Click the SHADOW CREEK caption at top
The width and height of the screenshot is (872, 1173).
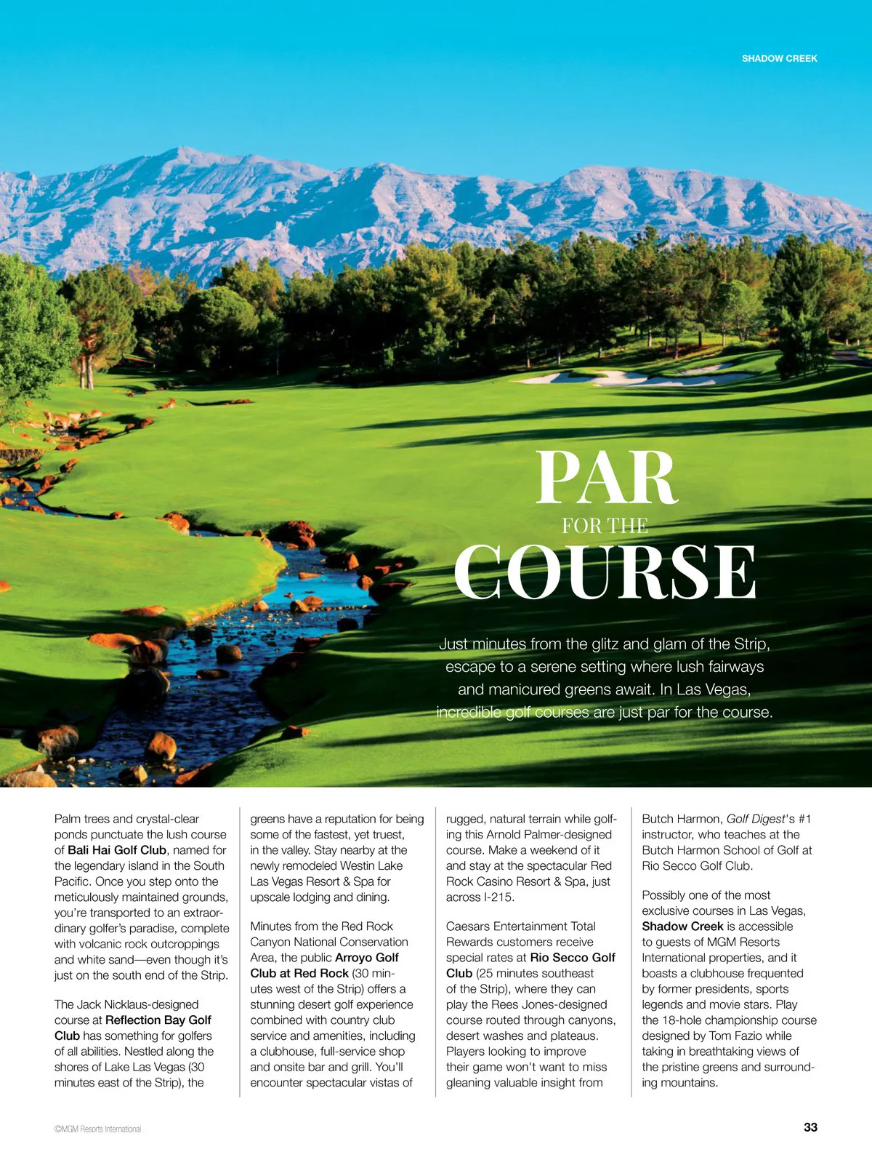[779, 58]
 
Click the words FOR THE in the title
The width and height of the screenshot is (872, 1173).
[605, 526]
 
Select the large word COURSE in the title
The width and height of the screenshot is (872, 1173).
[605, 572]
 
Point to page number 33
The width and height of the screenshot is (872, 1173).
[810, 1127]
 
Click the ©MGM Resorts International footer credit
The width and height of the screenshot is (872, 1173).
[97, 1129]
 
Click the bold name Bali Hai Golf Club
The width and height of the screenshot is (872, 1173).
[117, 850]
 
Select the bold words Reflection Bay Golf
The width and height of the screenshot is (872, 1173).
[158, 1020]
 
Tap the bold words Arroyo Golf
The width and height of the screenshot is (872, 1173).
[367, 958]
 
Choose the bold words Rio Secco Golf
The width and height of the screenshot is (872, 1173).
[573, 958]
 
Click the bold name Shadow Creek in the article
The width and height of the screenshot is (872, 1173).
[682, 926]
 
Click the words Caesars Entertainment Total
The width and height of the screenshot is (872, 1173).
[521, 926]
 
